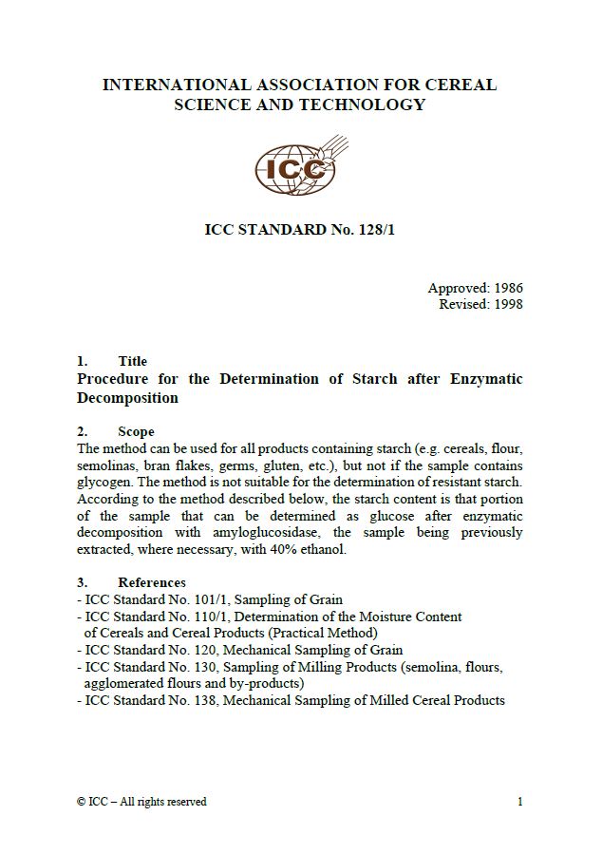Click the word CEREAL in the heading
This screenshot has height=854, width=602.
coord(455,85)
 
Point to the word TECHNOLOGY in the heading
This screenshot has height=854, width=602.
coord(365,104)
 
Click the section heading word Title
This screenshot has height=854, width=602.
coord(133,361)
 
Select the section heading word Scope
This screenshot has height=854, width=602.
coord(136,431)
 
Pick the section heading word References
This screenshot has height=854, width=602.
coord(152,582)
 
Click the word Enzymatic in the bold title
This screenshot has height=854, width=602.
coord(480,379)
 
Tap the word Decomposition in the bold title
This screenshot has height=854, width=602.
coord(127,398)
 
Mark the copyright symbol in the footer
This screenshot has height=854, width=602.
coord(81,802)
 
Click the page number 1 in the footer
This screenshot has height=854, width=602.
coord(520,802)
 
